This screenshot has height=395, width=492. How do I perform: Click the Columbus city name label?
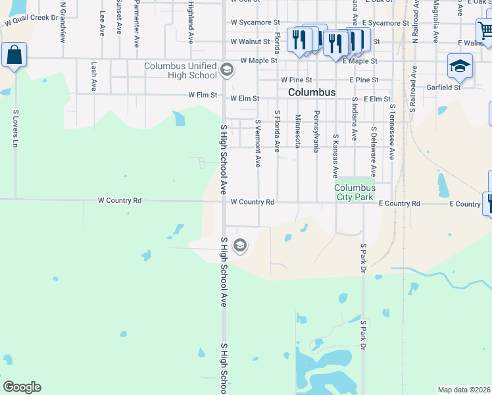tap(312, 93)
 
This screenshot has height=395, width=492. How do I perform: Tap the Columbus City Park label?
tap(355, 192)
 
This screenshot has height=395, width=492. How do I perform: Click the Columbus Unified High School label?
tap(181, 70)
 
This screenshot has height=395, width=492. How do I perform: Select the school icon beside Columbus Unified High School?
tap(227, 69)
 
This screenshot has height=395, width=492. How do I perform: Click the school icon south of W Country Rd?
tap(240, 246)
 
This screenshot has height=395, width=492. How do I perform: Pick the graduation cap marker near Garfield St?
tap(460, 66)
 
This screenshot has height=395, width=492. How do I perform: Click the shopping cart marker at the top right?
tap(485, 31)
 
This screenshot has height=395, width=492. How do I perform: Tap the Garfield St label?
tap(443, 87)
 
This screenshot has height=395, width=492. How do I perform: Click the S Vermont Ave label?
tap(258, 143)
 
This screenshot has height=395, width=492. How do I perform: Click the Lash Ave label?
tap(94, 76)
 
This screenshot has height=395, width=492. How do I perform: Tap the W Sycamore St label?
tap(251, 22)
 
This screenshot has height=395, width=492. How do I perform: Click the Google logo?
tap(22, 387)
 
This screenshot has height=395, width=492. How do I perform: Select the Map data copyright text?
tap(464, 390)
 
